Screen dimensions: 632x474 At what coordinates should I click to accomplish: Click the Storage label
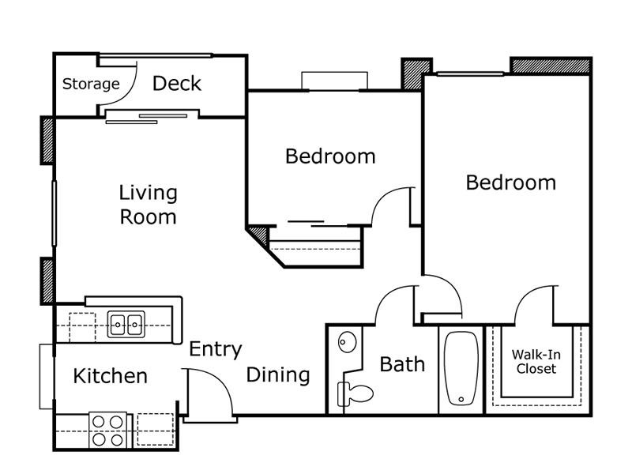click(x=91, y=85)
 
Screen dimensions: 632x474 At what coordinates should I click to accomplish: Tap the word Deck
click(x=177, y=84)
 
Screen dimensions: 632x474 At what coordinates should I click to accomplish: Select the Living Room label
click(x=148, y=205)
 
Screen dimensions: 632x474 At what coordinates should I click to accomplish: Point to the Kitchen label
click(x=111, y=376)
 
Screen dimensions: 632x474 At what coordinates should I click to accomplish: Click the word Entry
click(x=216, y=349)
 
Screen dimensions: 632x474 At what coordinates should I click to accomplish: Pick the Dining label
click(x=278, y=374)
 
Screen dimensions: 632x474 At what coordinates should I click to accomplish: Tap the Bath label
click(x=402, y=364)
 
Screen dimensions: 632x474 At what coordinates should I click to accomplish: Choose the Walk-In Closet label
click(x=536, y=362)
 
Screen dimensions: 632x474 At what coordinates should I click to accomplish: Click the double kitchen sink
click(x=126, y=324)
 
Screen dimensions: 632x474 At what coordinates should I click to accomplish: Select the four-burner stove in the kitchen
click(x=108, y=430)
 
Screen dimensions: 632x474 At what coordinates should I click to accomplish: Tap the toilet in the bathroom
click(x=355, y=393)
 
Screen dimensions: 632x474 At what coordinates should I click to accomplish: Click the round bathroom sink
click(x=347, y=342)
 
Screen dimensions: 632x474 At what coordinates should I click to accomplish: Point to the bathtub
click(x=461, y=368)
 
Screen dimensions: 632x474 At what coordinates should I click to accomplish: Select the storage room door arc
click(x=130, y=92)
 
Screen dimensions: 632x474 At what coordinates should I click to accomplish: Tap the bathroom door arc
click(x=385, y=297)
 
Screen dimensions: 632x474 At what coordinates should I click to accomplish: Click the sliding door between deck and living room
click(x=147, y=118)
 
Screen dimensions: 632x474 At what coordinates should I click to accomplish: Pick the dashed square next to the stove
click(x=155, y=429)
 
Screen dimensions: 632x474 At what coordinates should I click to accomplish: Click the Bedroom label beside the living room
click(x=330, y=156)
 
